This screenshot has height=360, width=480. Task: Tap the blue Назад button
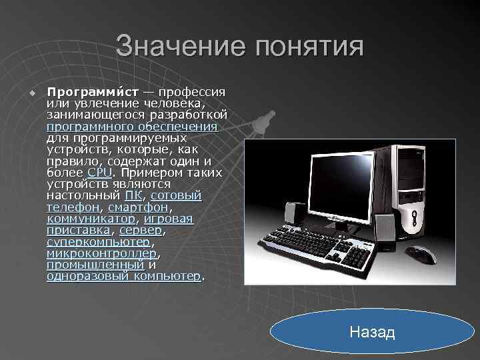click(372, 331)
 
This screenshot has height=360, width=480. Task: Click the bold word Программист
click(93, 91)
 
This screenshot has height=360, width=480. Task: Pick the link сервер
click(141, 229)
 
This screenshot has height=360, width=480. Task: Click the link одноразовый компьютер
click(123, 275)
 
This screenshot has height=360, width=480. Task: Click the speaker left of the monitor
click(291, 213)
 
